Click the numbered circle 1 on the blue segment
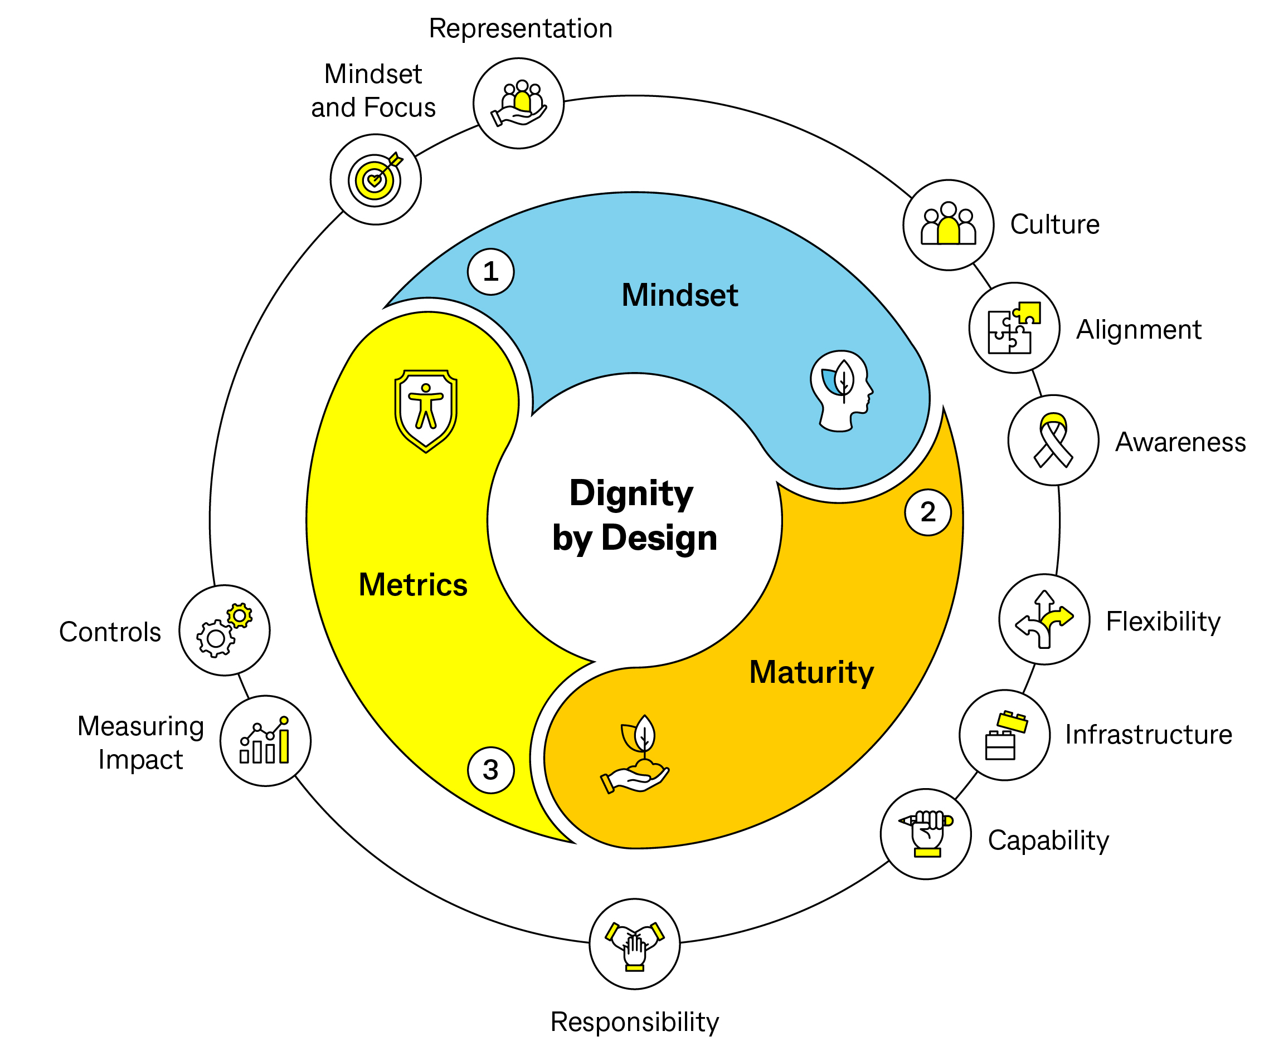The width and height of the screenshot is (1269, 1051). (x=490, y=272)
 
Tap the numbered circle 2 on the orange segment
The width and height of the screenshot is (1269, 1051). (x=927, y=512)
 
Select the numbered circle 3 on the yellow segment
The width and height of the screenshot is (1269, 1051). (x=490, y=770)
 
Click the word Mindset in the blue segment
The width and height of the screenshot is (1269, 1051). (x=680, y=295)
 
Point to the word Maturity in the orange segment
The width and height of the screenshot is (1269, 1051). (x=811, y=672)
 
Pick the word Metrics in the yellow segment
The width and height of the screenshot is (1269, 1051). (x=413, y=585)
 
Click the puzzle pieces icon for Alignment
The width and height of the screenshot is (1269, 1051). (x=1014, y=328)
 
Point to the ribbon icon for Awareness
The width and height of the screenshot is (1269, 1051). (x=1053, y=441)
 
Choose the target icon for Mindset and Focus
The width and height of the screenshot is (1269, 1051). (x=375, y=179)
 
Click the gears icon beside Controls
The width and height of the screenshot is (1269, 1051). (x=224, y=630)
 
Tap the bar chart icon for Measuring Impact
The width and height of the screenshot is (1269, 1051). (x=265, y=741)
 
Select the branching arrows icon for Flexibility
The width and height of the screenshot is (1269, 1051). (x=1044, y=619)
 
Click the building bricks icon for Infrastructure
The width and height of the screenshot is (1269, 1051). (x=1004, y=735)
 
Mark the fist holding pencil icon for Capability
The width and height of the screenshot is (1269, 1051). (x=926, y=834)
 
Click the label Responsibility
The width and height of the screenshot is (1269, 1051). (x=634, y=1022)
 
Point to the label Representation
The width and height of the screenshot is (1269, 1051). (x=521, y=28)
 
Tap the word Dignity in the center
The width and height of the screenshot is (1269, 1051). (x=631, y=493)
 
